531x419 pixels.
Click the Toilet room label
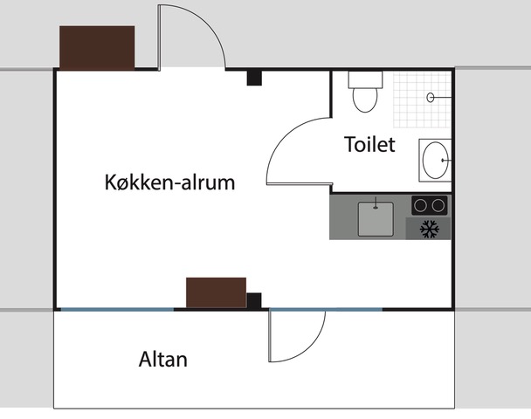tap(369, 144)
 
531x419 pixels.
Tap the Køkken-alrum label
tap(169, 182)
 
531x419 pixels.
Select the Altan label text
tap(163, 359)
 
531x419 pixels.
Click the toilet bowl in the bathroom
tap(365, 100)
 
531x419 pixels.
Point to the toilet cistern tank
tap(365, 79)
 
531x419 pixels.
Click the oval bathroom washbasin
tap(436, 160)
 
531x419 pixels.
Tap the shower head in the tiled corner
tap(431, 98)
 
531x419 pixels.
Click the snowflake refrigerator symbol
tap(430, 229)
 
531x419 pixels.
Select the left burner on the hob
tap(421, 205)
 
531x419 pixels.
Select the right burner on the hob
tap(438, 205)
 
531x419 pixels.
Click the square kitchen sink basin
tap(376, 219)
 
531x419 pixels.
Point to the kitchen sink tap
tap(376, 203)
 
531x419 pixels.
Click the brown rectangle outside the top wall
tap(97, 48)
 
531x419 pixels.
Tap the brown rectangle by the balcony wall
tap(216, 292)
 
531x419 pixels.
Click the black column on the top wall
tap(254, 78)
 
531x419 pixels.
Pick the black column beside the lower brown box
tap(254, 300)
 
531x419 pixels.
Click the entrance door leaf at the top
tap(159, 38)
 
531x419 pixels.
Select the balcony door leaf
tap(270, 336)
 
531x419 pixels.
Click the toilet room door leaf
tap(299, 184)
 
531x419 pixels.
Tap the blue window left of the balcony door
tap(117, 309)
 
